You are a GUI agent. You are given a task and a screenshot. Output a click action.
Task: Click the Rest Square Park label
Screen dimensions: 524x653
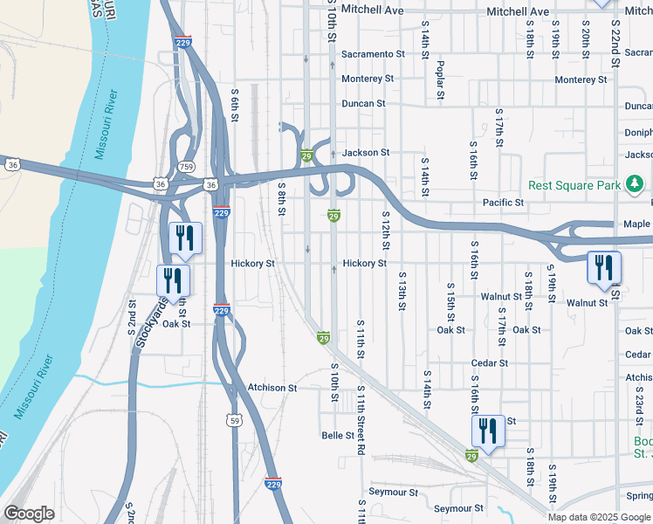click(574, 185)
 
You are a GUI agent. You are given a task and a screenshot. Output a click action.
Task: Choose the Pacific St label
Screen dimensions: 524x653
click(503, 203)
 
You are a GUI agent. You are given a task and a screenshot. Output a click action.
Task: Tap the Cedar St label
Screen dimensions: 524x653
click(490, 363)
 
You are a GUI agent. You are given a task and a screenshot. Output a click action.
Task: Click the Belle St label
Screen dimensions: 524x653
click(338, 435)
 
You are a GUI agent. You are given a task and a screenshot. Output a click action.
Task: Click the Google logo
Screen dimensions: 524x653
click(29, 513)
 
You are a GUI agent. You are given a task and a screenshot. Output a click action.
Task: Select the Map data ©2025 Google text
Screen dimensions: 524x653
click(599, 517)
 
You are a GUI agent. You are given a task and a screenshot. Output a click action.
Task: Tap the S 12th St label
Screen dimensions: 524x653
click(384, 227)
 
